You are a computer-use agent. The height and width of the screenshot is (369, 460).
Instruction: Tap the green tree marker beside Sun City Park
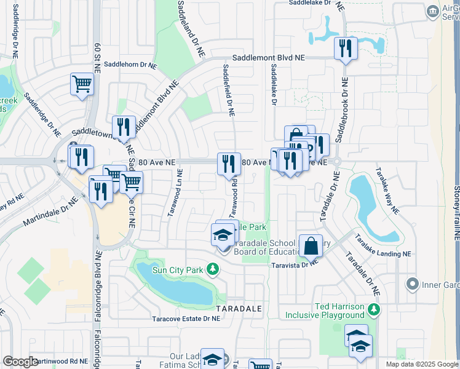click(x=212, y=269)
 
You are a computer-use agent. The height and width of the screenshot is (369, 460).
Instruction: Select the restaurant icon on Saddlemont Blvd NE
click(x=346, y=49)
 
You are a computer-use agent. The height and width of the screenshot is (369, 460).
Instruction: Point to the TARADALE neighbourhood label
click(x=239, y=307)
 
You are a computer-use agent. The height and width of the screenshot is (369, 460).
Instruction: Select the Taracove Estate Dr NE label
click(x=186, y=319)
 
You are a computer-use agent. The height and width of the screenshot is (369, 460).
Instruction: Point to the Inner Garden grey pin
click(x=411, y=284)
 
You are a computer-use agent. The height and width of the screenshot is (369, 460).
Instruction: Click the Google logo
click(x=20, y=362)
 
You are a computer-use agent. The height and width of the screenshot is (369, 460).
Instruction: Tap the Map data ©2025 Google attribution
click(x=422, y=364)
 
